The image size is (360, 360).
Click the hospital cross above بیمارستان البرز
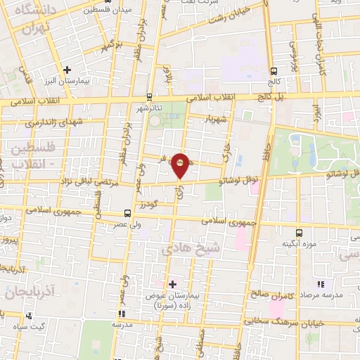pos(67,70)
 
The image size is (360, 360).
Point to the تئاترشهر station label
pos(150,108)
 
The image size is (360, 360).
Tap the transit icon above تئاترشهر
pos(149,97)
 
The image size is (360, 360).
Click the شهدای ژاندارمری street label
pos(50,122)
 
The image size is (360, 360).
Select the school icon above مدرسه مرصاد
pos(321,284)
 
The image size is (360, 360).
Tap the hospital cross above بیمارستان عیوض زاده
pos(172,284)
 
